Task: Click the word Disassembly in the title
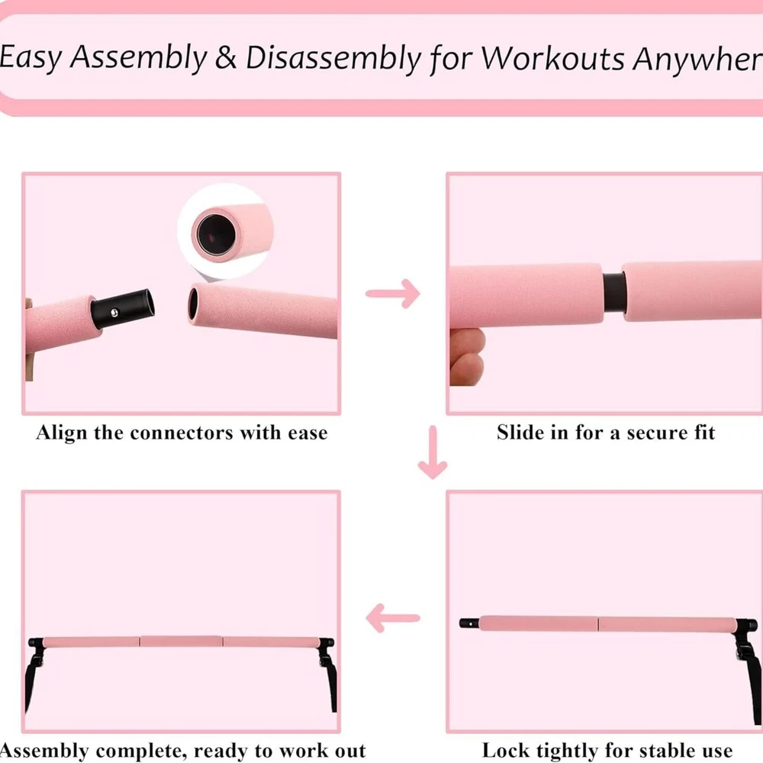[x=333, y=60]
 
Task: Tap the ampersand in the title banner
[x=226, y=57]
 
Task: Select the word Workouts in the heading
[x=552, y=59]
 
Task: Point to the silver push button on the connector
[x=114, y=313]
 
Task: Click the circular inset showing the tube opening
[x=225, y=232]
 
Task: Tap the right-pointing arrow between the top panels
[x=393, y=294]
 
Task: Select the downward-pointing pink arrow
[x=433, y=452]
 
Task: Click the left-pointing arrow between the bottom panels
[x=393, y=618]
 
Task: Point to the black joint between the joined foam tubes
[x=613, y=291]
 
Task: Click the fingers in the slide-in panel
[x=467, y=356]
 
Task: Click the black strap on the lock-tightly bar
[x=750, y=671]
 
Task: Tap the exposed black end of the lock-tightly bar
[x=469, y=623]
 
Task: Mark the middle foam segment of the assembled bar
[x=182, y=642]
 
